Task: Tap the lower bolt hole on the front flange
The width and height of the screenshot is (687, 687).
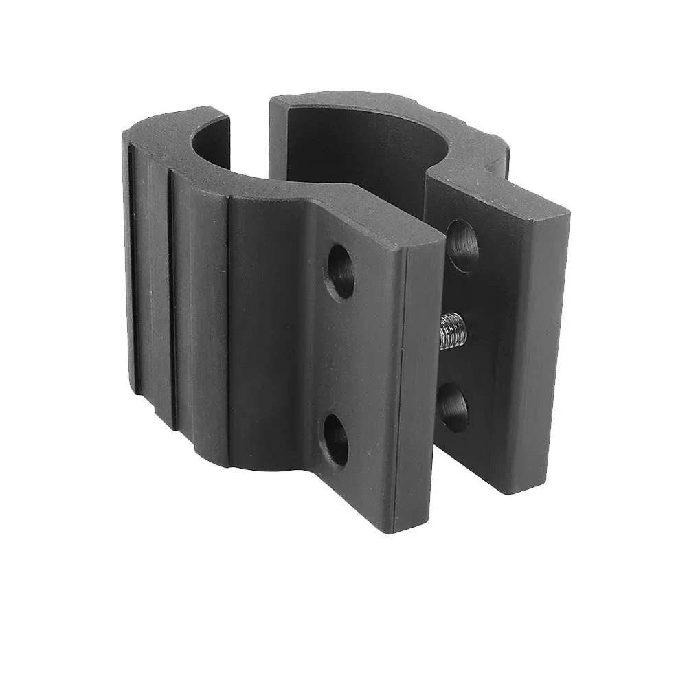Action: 336,438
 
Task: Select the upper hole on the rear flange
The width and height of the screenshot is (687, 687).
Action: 462,245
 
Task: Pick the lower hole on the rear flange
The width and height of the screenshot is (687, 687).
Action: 453,407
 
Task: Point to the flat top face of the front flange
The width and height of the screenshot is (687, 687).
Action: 371,218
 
